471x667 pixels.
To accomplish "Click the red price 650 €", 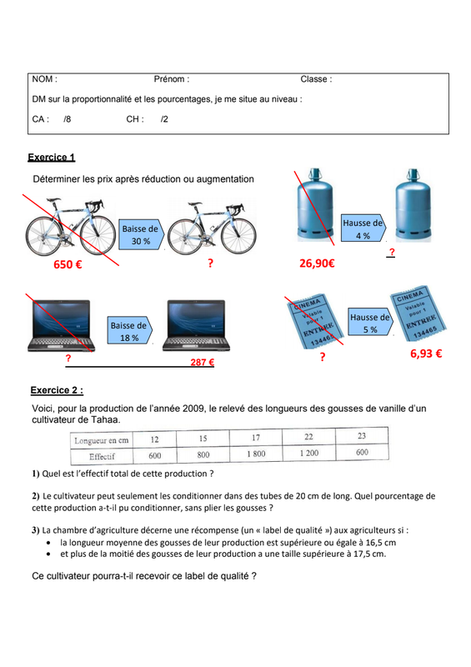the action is (x=68, y=264).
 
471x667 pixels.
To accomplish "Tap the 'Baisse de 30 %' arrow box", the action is (x=141, y=234).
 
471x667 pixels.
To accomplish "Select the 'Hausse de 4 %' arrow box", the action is (x=363, y=228).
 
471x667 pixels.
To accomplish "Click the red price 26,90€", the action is (x=317, y=263).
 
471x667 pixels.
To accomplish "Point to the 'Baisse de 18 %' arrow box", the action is (x=129, y=330).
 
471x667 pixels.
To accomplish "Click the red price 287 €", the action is (x=202, y=362).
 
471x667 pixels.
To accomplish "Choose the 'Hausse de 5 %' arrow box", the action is (x=371, y=323).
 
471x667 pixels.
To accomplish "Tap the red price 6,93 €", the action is (x=426, y=354).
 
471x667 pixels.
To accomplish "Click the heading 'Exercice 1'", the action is (x=52, y=158).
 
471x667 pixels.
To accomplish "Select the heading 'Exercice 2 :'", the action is (x=57, y=390).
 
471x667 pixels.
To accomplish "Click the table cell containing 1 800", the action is (x=256, y=454).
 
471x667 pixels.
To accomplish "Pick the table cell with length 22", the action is (x=309, y=437).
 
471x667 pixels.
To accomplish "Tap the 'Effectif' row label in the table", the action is (x=102, y=456).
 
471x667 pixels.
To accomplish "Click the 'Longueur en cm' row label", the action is (x=102, y=440).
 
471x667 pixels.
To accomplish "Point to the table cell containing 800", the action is (x=203, y=454).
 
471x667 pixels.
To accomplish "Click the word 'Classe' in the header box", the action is (x=314, y=79).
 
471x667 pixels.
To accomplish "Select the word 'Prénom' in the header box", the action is (x=169, y=79).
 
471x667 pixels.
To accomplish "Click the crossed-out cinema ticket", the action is (x=314, y=321).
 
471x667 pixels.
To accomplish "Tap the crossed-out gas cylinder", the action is (x=314, y=205).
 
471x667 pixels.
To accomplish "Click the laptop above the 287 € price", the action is (x=196, y=326).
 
